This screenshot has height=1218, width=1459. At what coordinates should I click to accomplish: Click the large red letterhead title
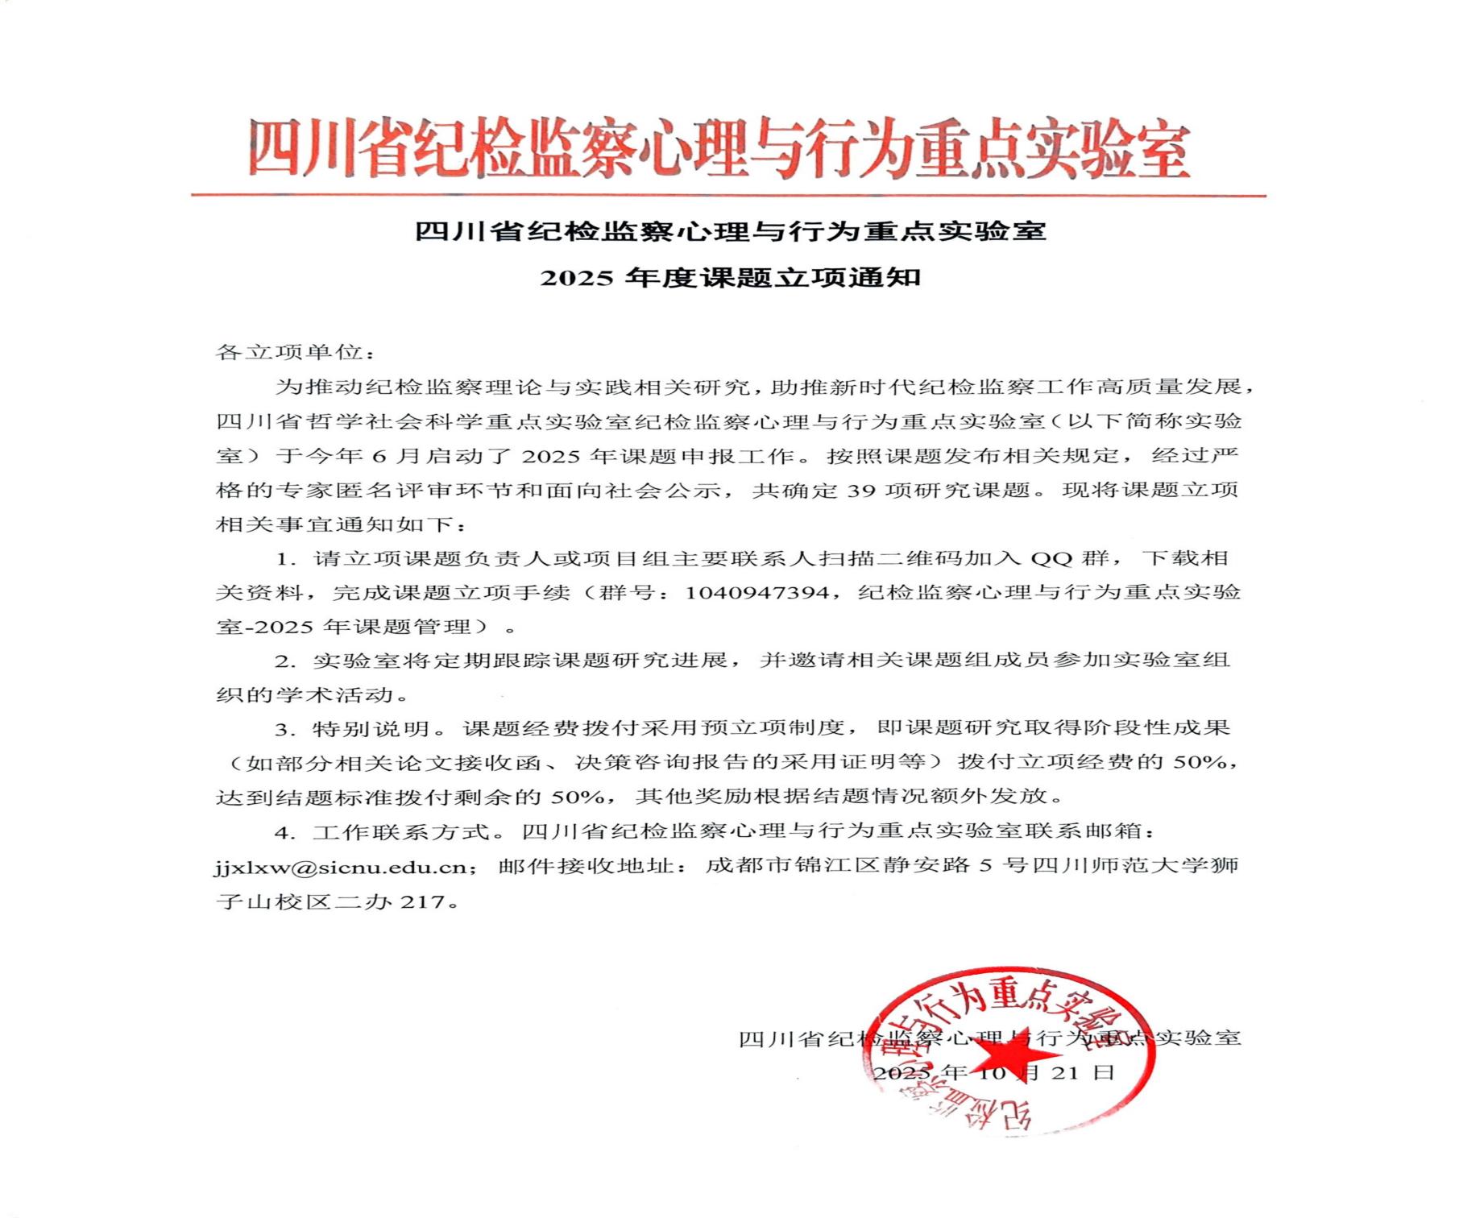pyautogui.click(x=719, y=150)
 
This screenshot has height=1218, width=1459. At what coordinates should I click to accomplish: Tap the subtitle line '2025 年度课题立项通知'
pyautogui.click(x=730, y=278)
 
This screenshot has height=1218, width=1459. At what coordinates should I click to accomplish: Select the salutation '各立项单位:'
pyautogui.click(x=295, y=353)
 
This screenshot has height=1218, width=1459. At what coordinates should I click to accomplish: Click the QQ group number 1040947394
pyautogui.click(x=756, y=593)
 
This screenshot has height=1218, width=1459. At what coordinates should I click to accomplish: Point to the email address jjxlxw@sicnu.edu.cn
pyautogui.click(x=340, y=867)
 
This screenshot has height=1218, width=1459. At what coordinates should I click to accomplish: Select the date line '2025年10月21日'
pyautogui.click(x=994, y=1072)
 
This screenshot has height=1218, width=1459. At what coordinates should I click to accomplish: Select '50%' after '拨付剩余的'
pyautogui.click(x=578, y=797)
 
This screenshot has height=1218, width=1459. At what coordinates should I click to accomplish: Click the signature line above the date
pyautogui.click(x=989, y=1038)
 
